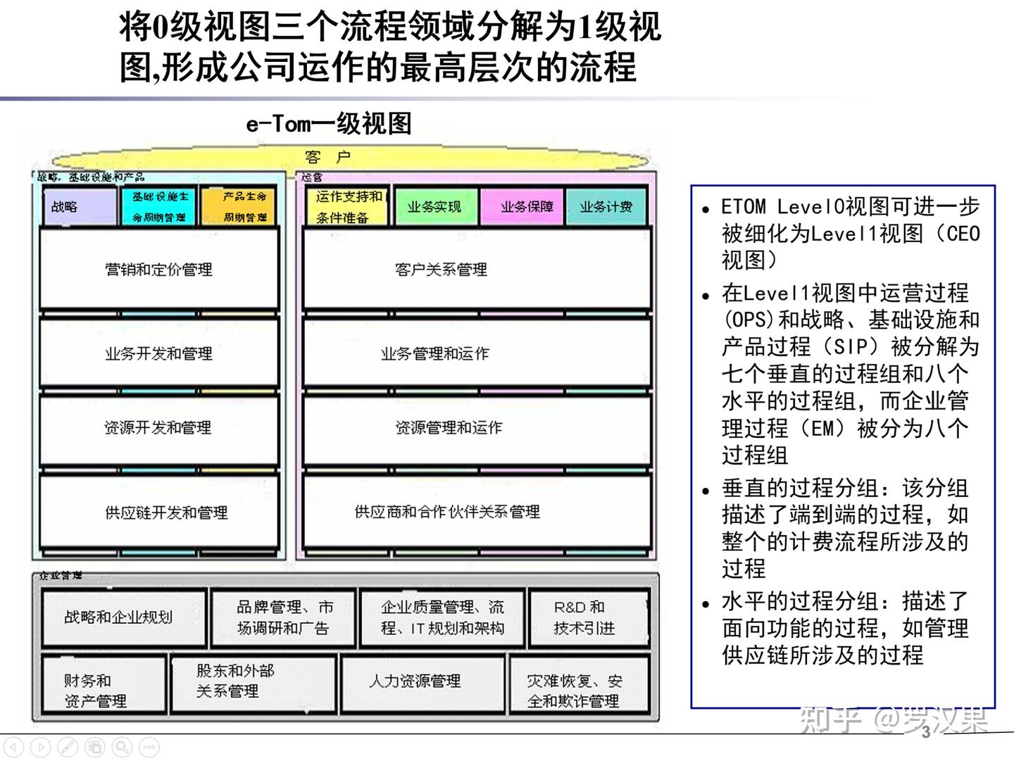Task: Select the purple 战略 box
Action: pos(78,207)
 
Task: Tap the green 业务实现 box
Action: pos(435,207)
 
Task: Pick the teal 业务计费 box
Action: pos(606,207)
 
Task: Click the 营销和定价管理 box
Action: pos(159,269)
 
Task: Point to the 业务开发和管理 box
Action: pos(159,353)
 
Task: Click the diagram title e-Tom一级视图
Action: pos(329,124)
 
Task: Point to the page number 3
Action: pos(926,731)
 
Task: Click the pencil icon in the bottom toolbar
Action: pos(68,746)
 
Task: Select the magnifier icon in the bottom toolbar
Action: pos(122,746)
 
